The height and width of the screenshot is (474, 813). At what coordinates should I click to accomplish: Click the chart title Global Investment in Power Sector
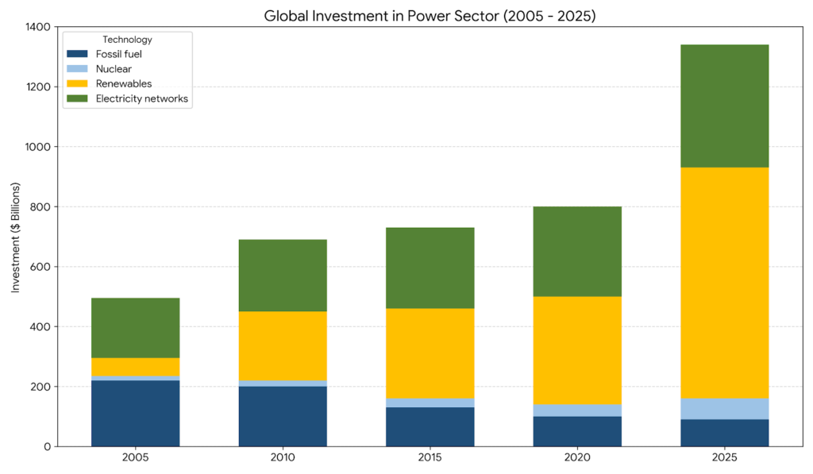click(430, 14)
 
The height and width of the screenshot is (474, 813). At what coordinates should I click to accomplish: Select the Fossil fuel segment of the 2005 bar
click(136, 413)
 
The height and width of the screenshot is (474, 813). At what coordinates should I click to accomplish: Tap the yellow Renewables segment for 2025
click(724, 283)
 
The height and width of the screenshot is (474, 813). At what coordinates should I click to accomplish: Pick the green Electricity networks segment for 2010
click(283, 276)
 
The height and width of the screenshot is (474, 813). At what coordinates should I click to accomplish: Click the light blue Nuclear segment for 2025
click(724, 409)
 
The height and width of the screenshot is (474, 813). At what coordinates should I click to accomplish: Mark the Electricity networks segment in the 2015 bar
click(430, 268)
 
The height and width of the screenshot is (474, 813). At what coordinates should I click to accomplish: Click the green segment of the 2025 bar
click(724, 106)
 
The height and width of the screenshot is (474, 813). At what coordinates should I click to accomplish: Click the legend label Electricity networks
click(142, 98)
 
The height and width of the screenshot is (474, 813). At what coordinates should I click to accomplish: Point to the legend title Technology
click(127, 40)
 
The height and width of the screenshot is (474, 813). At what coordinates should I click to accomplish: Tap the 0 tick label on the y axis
click(48, 446)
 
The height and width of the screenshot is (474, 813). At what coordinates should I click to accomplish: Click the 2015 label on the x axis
click(430, 458)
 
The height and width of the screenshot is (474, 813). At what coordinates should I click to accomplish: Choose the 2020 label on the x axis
click(577, 458)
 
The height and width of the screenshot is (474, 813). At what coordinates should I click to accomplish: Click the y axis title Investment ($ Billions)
click(16, 237)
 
